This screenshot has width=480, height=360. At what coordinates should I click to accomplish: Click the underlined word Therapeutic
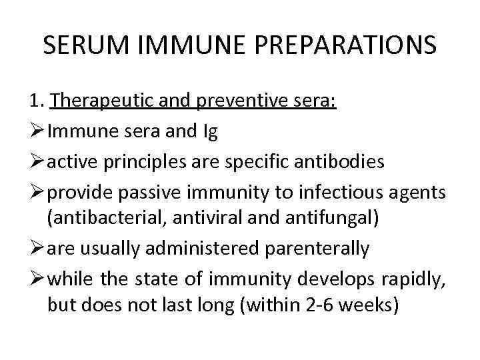click(103, 101)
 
